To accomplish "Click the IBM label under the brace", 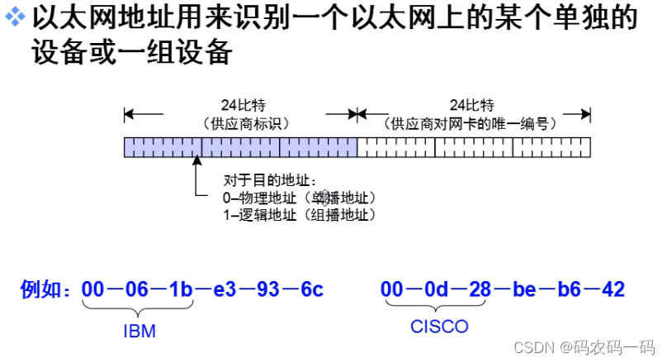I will [x=140, y=331].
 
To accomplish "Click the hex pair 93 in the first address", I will [x=268, y=289].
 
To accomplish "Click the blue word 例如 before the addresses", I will [x=45, y=289].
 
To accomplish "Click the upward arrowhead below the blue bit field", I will [x=196, y=164].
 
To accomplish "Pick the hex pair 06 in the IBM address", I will [x=137, y=289].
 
